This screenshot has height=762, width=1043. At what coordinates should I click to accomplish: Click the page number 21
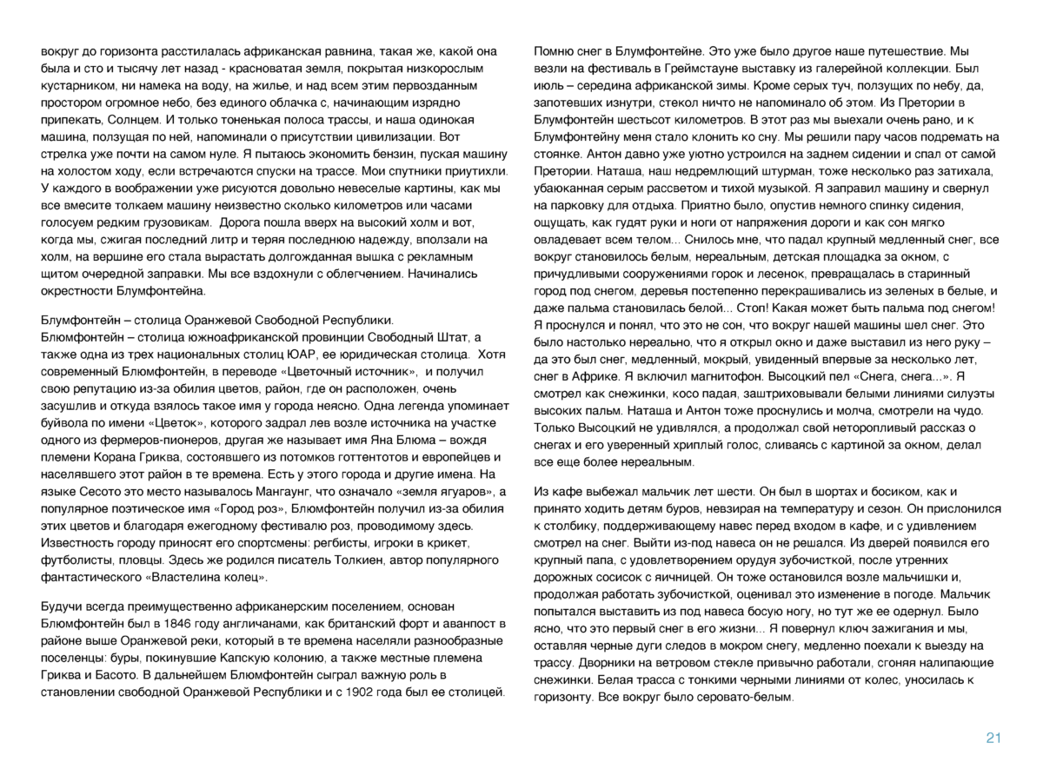[993, 738]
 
